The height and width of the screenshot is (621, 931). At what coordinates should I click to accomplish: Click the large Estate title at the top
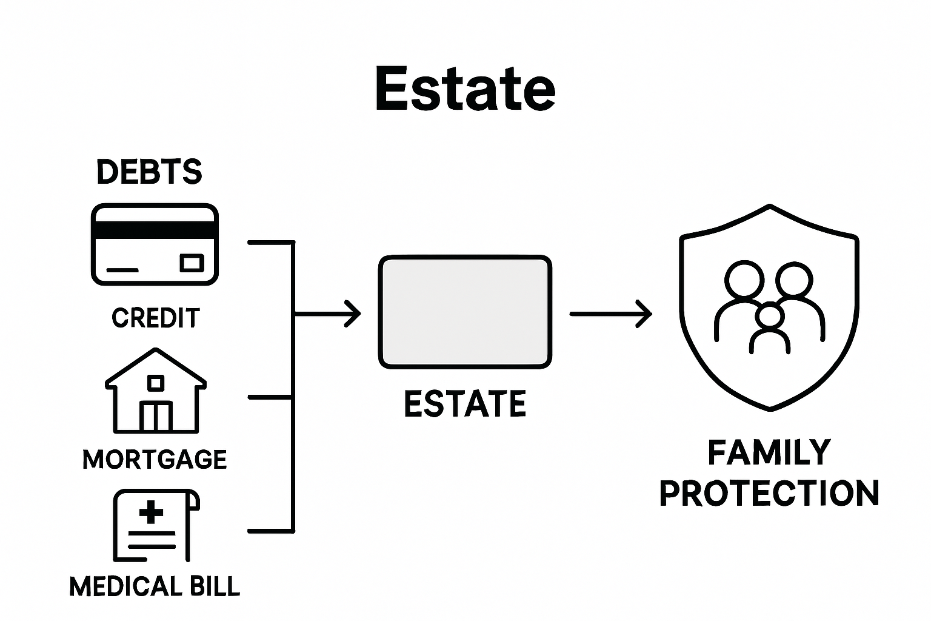[x=465, y=89]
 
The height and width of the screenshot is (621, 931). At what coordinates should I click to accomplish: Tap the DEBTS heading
[x=149, y=172]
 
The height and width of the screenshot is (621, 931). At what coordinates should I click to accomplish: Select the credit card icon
[x=155, y=244]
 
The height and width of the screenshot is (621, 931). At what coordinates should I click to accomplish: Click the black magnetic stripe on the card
[x=155, y=230]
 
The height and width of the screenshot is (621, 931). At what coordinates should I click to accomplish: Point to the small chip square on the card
[x=192, y=263]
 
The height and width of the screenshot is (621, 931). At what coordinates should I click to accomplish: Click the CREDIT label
[x=156, y=318]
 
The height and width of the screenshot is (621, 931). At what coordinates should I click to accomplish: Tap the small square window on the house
[x=156, y=383]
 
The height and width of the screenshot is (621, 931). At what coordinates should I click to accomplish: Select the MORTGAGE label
[x=155, y=460]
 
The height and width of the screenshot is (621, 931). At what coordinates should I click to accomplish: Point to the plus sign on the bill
[x=151, y=512]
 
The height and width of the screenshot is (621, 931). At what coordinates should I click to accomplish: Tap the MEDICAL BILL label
[x=155, y=587]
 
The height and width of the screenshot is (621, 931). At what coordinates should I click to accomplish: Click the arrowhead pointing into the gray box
[x=354, y=314]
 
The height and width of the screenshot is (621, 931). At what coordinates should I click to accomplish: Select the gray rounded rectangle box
[x=465, y=312]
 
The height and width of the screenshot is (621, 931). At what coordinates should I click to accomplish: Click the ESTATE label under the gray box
[x=465, y=404]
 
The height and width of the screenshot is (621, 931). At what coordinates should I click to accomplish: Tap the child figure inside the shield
[x=770, y=327]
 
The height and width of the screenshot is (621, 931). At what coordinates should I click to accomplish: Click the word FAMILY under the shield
[x=769, y=453]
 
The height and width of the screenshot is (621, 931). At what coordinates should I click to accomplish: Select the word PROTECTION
[x=769, y=494]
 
